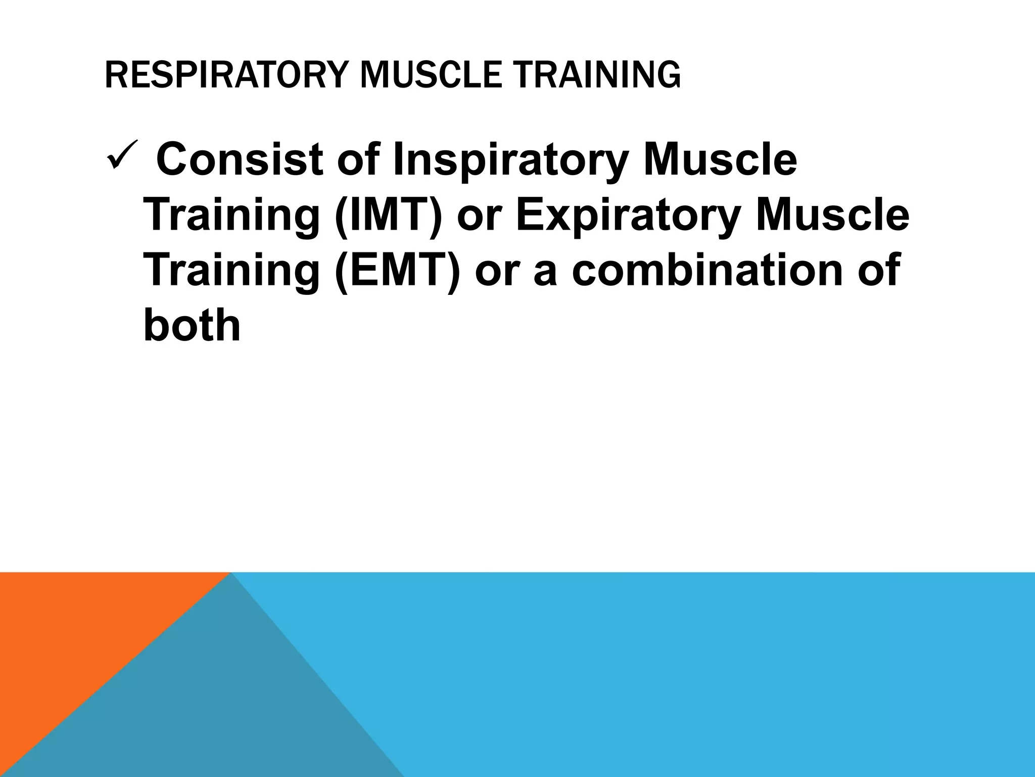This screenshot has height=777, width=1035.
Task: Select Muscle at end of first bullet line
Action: [720, 160]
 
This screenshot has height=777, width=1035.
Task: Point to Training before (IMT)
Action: [231, 217]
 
